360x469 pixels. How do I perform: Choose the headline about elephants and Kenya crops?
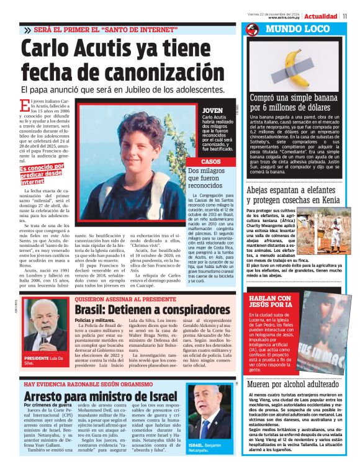[302, 195]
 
